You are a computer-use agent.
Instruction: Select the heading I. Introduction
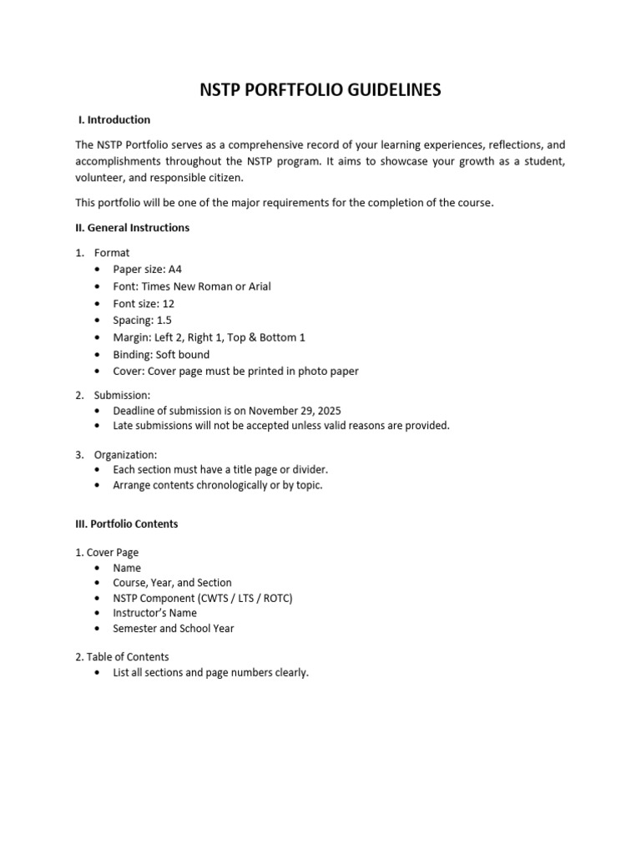[x=115, y=119]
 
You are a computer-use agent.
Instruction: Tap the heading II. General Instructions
[x=133, y=227]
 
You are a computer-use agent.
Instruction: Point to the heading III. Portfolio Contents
[x=127, y=524]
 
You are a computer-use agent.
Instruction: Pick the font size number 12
[x=169, y=303]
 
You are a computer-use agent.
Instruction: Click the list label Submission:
[x=122, y=395]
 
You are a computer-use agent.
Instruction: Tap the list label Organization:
[x=125, y=455]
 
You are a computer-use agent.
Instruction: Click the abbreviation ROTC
[x=276, y=598]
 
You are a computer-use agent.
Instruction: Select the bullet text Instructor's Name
[x=155, y=613]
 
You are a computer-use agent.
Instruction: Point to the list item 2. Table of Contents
[x=122, y=657]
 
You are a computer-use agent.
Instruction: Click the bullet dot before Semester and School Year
[x=98, y=628]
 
